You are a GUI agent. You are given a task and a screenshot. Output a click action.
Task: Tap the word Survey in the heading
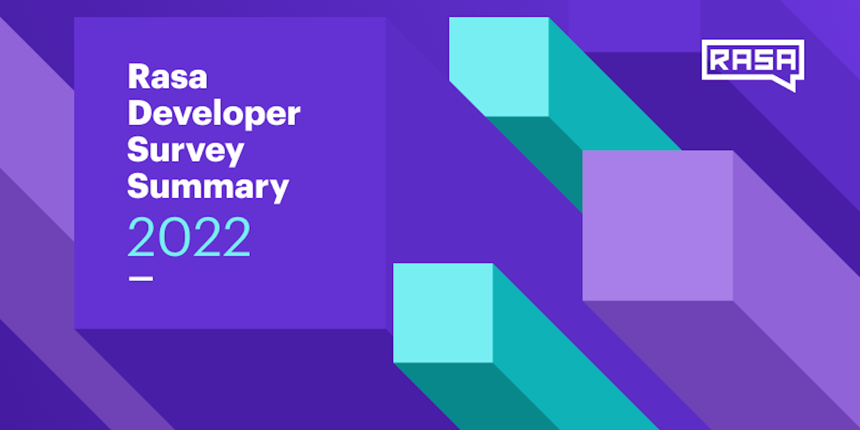(185, 150)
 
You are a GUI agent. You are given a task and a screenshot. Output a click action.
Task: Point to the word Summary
(208, 187)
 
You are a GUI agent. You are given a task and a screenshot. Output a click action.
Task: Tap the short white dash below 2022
(141, 278)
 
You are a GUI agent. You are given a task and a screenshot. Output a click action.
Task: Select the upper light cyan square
(499, 66)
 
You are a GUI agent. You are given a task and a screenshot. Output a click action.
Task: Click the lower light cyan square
(443, 313)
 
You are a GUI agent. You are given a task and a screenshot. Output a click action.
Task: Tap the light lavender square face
(658, 225)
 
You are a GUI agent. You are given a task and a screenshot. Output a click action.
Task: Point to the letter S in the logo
(763, 60)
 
